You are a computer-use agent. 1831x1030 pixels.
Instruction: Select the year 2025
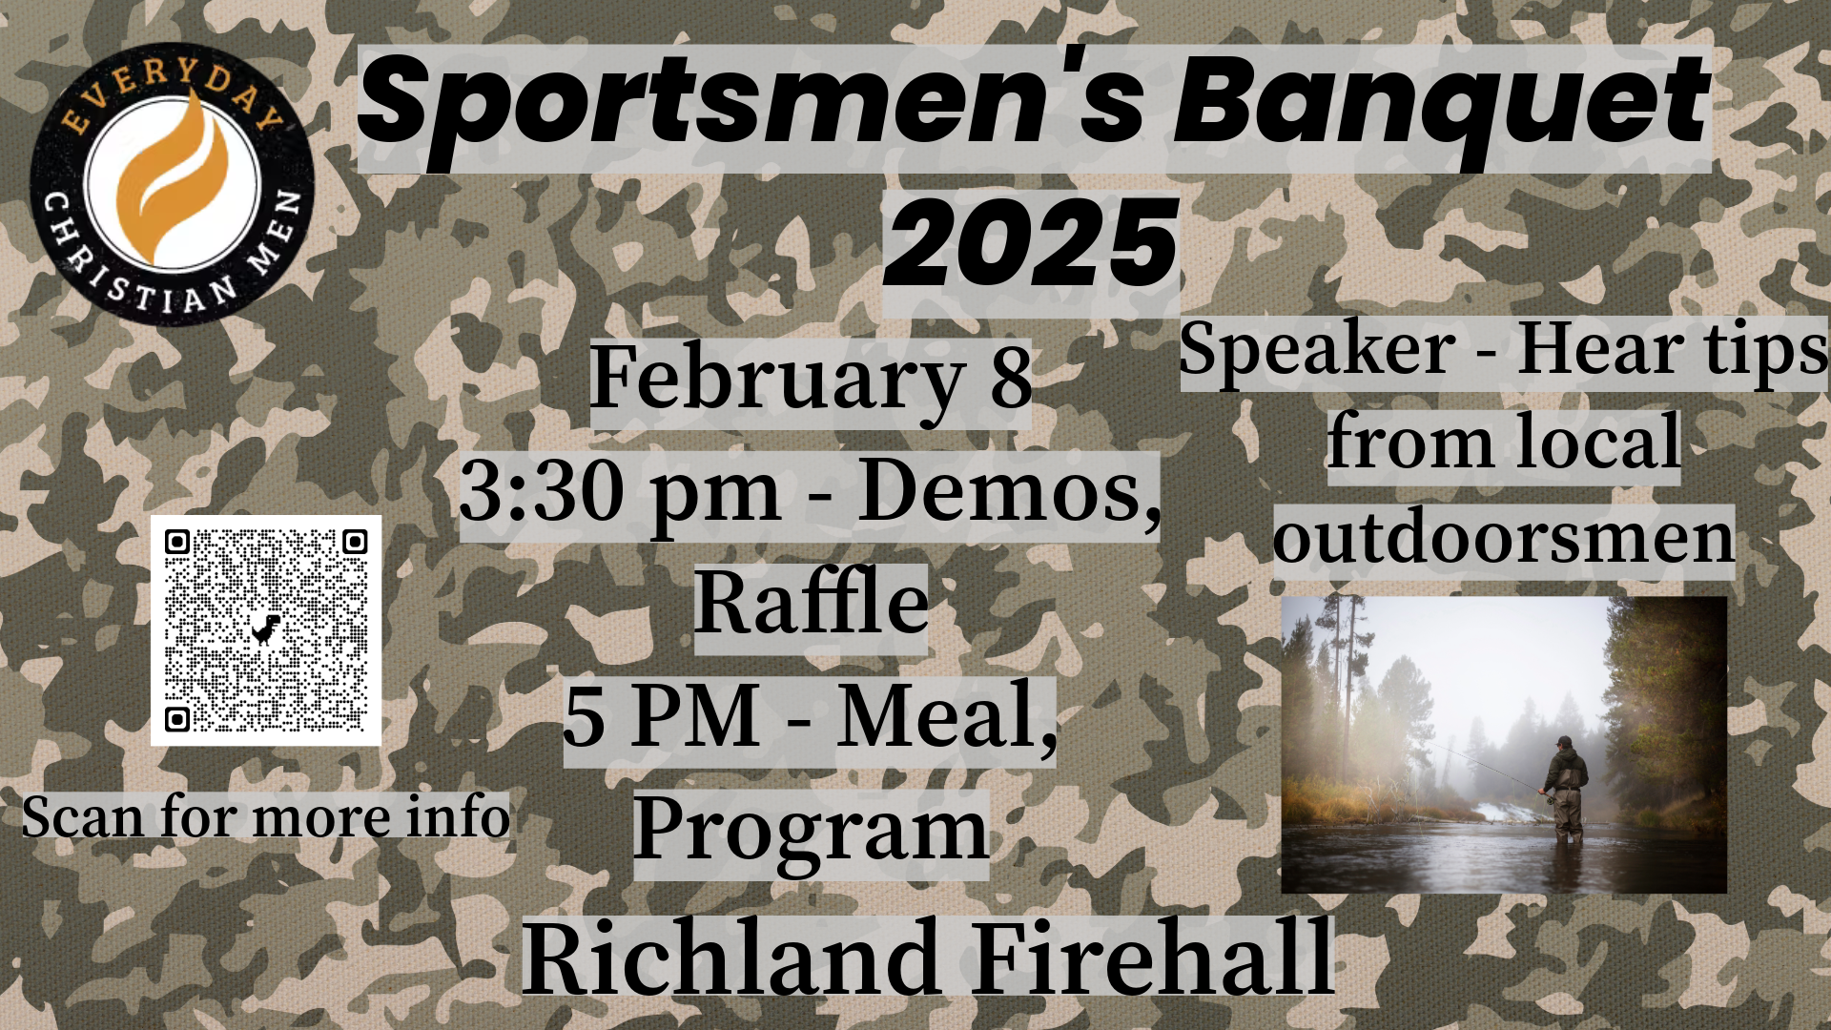[1030, 245]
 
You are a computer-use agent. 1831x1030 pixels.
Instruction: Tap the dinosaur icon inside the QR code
[266, 629]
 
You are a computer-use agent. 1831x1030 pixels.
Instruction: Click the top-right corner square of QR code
[355, 543]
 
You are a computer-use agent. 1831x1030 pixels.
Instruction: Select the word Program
[811, 830]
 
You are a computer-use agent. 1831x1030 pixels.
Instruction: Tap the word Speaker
[1316, 350]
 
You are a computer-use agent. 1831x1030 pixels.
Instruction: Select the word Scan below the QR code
[82, 818]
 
